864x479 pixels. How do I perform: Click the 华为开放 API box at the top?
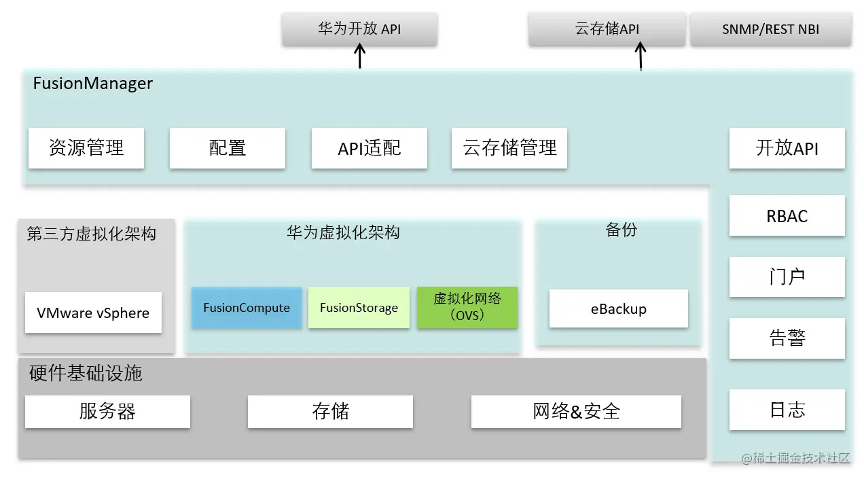coord(359,29)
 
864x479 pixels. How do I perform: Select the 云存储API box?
coord(607,29)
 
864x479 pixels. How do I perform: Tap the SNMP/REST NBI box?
coord(770,30)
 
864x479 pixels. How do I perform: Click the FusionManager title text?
coord(93,84)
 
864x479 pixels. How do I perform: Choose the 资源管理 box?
coord(86,147)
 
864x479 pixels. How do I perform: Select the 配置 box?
coord(227,147)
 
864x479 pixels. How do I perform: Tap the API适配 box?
coord(369,147)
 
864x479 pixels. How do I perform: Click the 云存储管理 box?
coord(509,147)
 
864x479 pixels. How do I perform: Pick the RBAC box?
coord(787,216)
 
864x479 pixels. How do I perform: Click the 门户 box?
coord(787,277)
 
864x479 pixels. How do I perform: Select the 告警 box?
coord(787,338)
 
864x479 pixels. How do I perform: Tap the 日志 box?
coord(787,410)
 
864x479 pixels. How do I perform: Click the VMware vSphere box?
coord(93,313)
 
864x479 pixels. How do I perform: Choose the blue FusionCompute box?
coord(247,308)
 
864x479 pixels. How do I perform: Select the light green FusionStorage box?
coord(359,308)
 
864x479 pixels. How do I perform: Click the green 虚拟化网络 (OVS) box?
coord(467,307)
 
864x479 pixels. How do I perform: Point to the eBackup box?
coord(618,308)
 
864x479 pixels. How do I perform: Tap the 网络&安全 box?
coord(576,411)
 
